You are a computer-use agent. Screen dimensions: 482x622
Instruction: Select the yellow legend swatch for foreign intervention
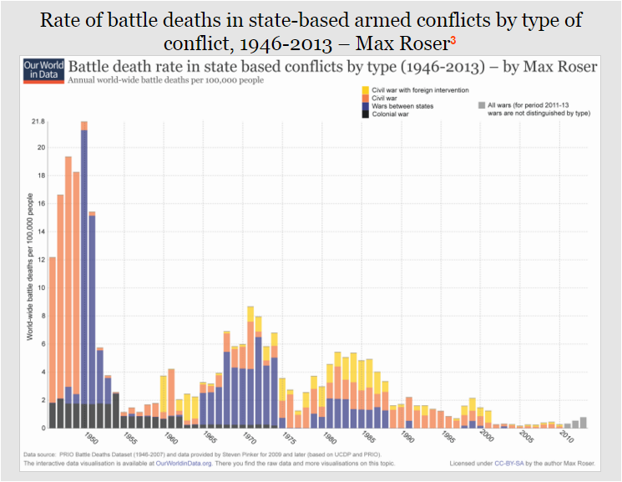(366, 89)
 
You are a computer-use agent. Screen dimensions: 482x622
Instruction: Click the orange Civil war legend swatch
(366, 98)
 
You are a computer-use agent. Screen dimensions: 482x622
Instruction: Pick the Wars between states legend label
(402, 106)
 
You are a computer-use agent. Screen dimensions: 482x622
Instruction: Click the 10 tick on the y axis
(39, 287)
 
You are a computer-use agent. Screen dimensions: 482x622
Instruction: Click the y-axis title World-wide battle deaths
(31, 275)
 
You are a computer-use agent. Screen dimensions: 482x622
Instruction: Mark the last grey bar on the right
(584, 422)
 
